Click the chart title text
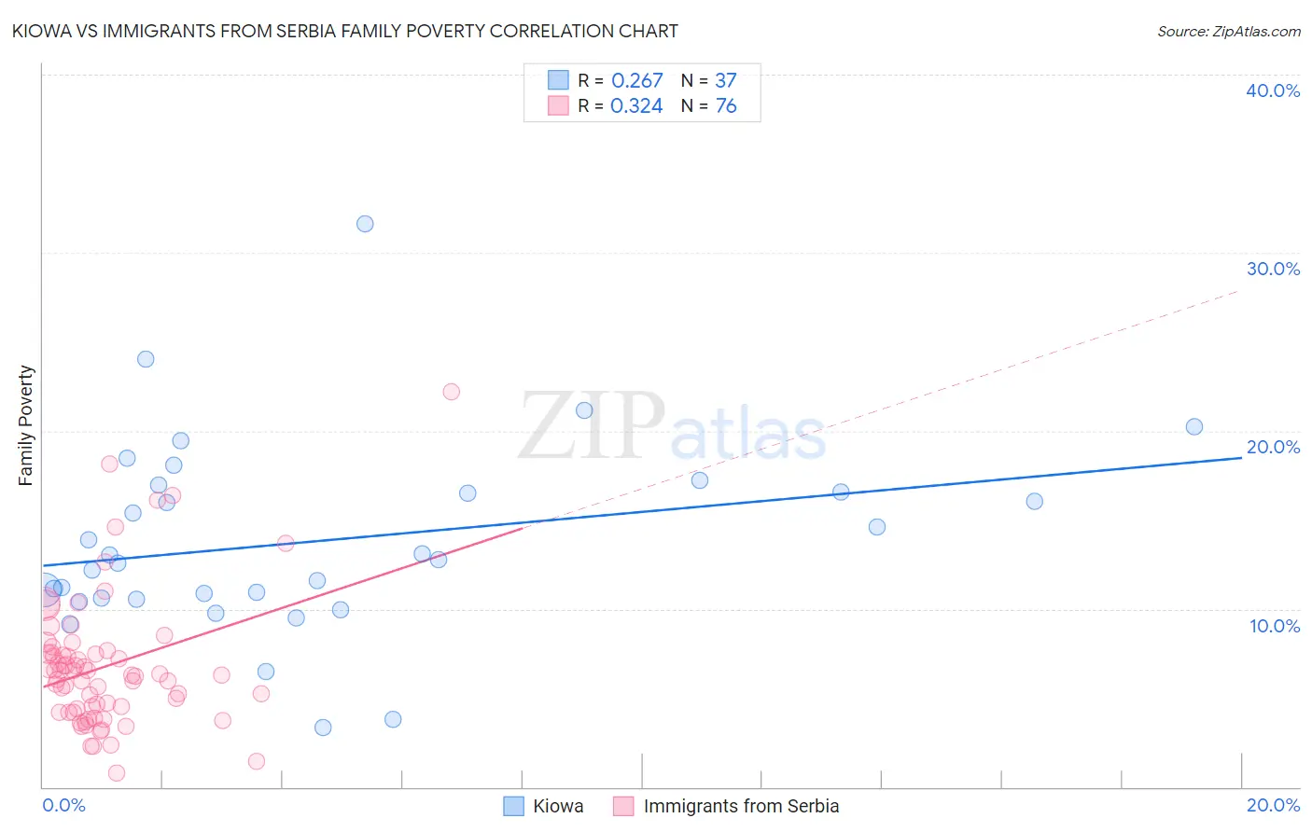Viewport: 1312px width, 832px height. [x=344, y=31]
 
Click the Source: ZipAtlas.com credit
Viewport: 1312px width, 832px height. [x=1228, y=32]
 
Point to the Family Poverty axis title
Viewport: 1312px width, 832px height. [x=26, y=425]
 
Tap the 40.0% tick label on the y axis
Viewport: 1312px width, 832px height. [x=1273, y=90]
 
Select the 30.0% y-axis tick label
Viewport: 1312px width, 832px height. [x=1273, y=269]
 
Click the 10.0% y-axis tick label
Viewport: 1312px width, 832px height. [x=1275, y=626]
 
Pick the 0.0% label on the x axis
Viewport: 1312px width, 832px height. [x=63, y=805]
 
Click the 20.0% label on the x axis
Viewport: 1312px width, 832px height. [x=1273, y=805]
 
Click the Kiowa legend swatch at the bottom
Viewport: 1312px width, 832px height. [x=513, y=806]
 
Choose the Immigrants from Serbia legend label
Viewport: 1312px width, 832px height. [x=741, y=806]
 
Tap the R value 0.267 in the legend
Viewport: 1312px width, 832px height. [x=636, y=81]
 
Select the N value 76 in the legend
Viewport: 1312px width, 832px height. [x=726, y=106]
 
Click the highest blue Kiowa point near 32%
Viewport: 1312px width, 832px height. [x=365, y=224]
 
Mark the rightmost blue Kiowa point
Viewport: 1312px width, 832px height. [x=1194, y=427]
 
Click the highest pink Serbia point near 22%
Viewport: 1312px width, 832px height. [x=452, y=392]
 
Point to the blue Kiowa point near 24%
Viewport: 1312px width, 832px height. [x=146, y=359]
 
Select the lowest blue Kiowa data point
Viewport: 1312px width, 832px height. [x=323, y=728]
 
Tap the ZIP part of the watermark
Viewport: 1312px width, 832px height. [x=592, y=426]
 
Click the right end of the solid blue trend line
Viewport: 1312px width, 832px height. [x=1241, y=458]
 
